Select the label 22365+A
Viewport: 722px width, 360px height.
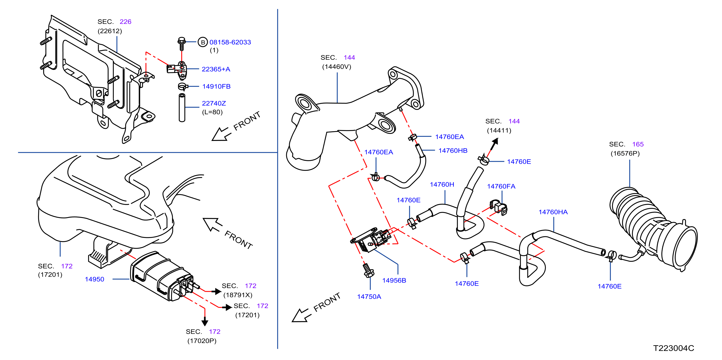click(216, 69)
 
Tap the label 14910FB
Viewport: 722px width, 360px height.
click(216, 86)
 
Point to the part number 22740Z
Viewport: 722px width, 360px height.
click(214, 103)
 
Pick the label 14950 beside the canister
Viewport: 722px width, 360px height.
click(94, 279)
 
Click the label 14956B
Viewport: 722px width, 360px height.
click(394, 280)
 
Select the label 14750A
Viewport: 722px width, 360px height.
click(369, 297)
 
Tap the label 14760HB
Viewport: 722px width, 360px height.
click(453, 151)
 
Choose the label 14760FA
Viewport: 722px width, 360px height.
click(501, 186)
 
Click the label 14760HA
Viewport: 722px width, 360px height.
click(553, 212)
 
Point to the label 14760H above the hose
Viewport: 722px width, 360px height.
click(442, 184)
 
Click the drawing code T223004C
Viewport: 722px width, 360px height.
click(673, 348)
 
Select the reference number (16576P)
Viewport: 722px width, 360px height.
click(625, 153)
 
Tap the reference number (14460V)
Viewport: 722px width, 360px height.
click(337, 67)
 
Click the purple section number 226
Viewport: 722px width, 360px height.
click(125, 22)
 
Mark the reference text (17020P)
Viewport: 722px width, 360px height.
click(202, 341)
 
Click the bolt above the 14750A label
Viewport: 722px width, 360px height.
click(368, 270)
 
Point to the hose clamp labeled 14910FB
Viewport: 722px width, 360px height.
click(183, 87)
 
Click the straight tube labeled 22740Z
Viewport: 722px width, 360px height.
click(182, 108)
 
